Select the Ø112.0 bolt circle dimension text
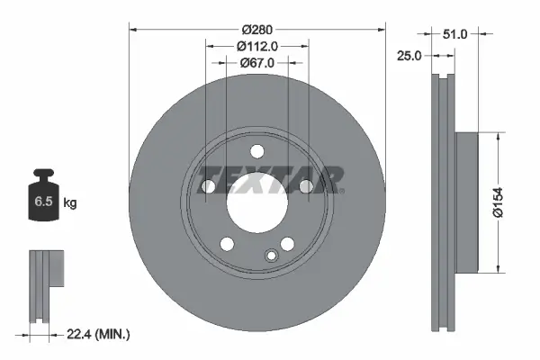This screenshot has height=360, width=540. pyautogui.click(x=257, y=46)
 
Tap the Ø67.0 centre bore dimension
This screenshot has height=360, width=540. pyautogui.click(x=257, y=62)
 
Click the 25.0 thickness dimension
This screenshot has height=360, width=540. pyautogui.click(x=409, y=55)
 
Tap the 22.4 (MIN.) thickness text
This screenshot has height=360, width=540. pyautogui.click(x=99, y=334)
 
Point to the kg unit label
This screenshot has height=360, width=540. pyautogui.click(x=70, y=203)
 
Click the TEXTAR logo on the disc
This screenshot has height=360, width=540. pyautogui.click(x=270, y=179)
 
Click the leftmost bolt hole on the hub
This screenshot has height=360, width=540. pyautogui.click(x=208, y=186)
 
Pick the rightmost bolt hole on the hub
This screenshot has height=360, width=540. pyautogui.click(x=306, y=186)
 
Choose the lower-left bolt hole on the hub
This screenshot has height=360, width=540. pyautogui.click(x=226, y=244)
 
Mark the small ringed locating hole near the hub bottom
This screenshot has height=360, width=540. pyautogui.click(x=270, y=257)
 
